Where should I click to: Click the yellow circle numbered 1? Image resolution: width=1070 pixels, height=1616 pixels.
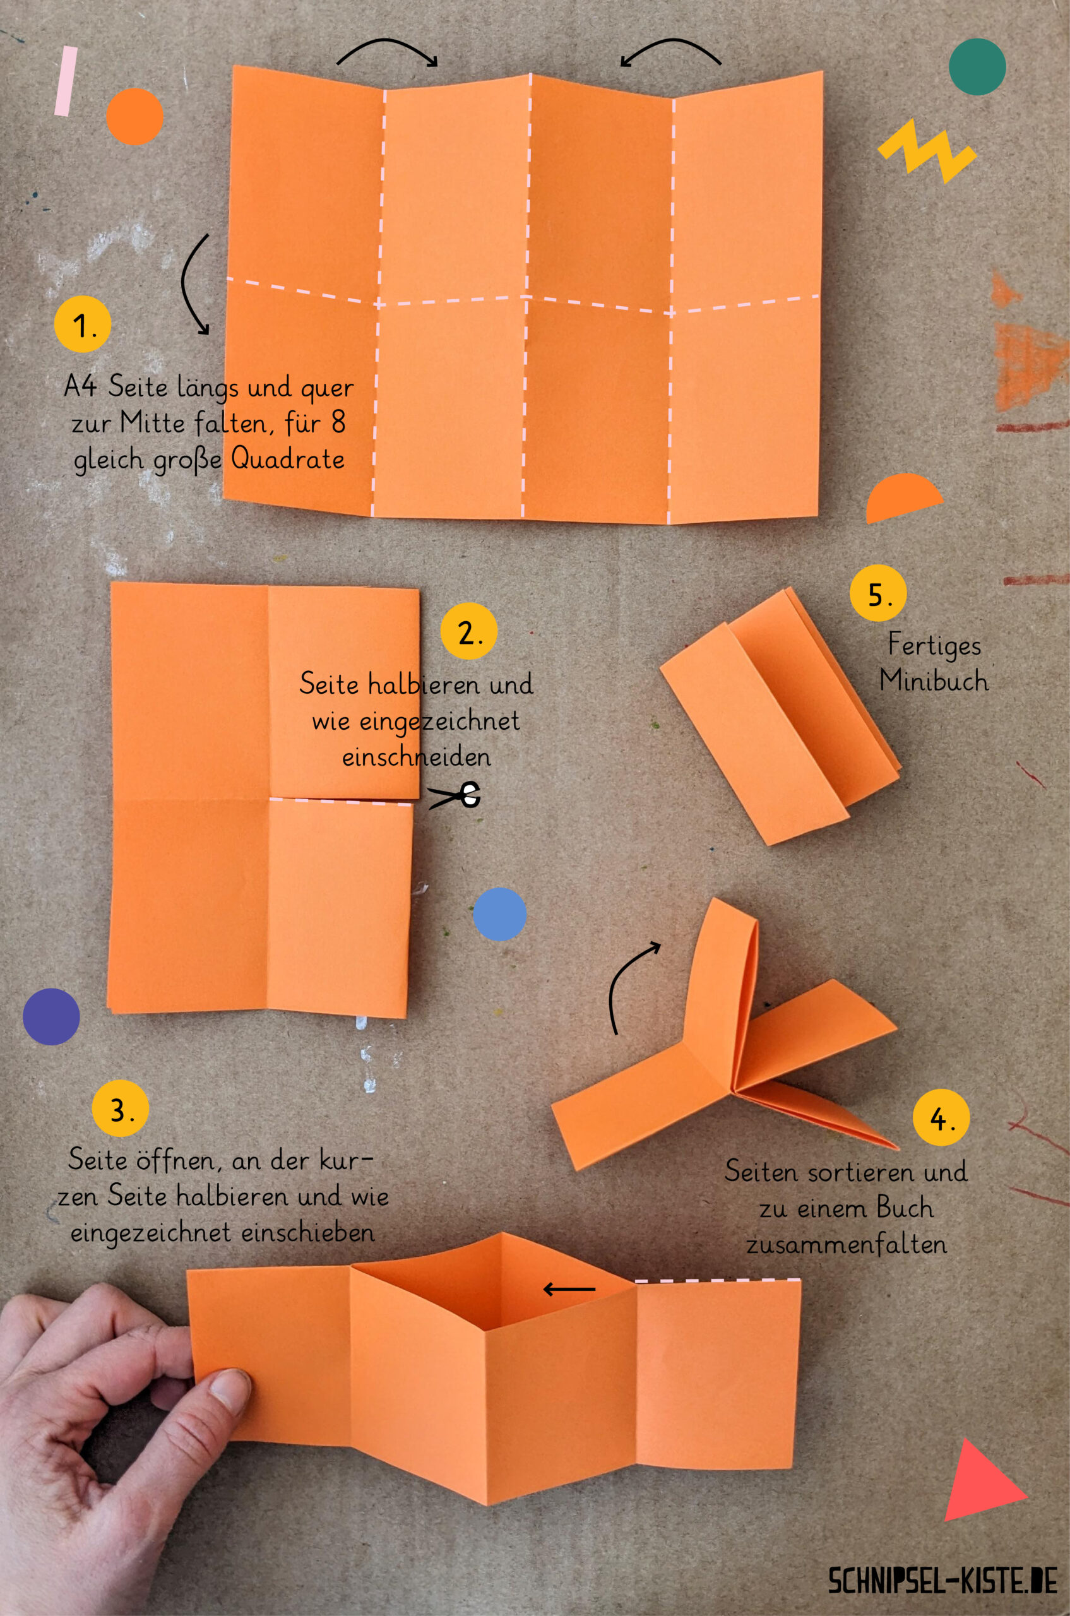pyautogui.click(x=83, y=324)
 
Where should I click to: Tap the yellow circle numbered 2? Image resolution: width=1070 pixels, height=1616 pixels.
pyautogui.click(x=469, y=631)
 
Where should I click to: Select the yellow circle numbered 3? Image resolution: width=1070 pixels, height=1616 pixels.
pyautogui.click(x=120, y=1108)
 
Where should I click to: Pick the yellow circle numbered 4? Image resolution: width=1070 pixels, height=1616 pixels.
pyautogui.click(x=941, y=1117)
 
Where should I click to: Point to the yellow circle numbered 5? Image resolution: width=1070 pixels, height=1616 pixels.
pyautogui.click(x=878, y=593)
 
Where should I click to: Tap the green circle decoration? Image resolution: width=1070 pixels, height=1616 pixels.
pyautogui.click(x=977, y=67)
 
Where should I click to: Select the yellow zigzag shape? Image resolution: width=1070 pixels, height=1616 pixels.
pyautogui.click(x=927, y=150)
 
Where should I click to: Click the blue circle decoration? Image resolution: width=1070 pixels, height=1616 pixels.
pyautogui.click(x=499, y=915)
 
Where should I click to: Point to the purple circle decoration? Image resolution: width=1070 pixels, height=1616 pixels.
pyautogui.click(x=51, y=1017)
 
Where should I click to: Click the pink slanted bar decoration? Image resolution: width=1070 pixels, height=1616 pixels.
pyautogui.click(x=66, y=81)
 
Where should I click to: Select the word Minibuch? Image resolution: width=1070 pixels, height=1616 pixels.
pyautogui.click(x=934, y=680)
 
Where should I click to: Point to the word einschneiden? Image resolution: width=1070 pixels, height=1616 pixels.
pyautogui.click(x=416, y=757)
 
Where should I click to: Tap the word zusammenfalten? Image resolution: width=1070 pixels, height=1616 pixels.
pyautogui.click(x=846, y=1244)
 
